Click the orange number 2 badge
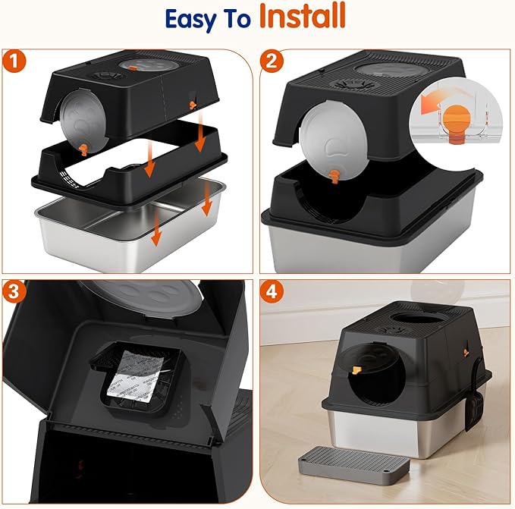click(x=272, y=63)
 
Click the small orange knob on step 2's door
click(x=334, y=176)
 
